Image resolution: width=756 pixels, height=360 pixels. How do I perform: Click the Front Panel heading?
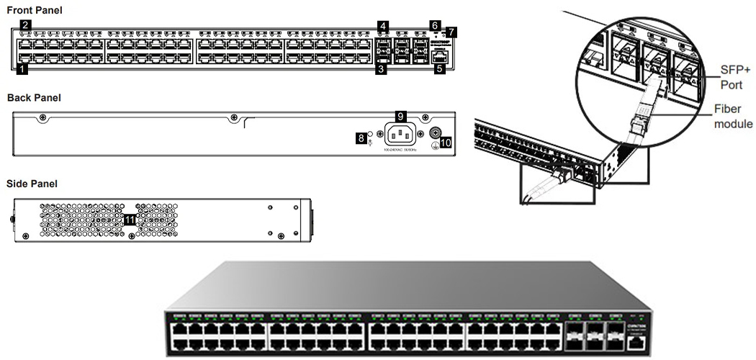click(34, 10)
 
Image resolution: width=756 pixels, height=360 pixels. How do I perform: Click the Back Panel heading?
click(34, 97)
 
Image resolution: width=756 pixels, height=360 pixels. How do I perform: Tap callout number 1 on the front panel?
click(22, 70)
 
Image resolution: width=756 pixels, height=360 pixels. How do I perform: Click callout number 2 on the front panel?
click(25, 25)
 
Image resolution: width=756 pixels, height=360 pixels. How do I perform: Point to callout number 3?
click(382, 70)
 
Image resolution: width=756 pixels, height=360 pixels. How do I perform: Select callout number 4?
click(384, 26)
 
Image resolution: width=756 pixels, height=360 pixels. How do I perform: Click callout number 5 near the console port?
click(439, 70)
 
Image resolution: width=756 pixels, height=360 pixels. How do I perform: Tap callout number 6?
click(434, 25)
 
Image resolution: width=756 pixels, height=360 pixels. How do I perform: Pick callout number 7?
click(451, 32)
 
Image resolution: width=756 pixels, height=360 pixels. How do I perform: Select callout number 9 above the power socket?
click(401, 115)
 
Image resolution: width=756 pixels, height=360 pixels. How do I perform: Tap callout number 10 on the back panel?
click(446, 143)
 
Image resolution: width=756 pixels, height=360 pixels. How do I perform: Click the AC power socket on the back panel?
click(401, 134)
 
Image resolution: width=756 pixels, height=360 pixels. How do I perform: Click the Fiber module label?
click(733, 117)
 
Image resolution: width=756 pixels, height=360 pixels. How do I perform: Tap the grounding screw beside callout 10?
click(436, 134)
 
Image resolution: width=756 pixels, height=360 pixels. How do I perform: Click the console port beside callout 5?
click(440, 58)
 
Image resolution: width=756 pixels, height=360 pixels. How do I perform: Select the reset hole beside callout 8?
click(371, 134)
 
